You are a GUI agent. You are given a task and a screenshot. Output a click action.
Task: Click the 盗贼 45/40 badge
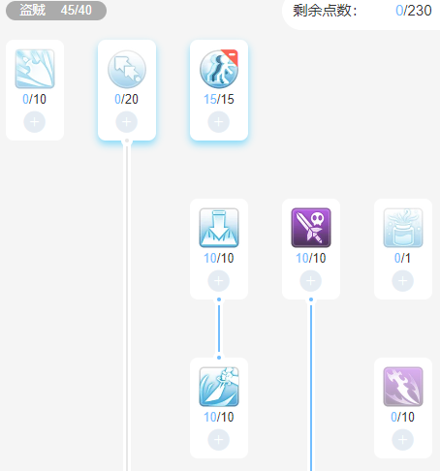click(x=56, y=11)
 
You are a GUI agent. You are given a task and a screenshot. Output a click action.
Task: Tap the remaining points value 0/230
click(x=414, y=11)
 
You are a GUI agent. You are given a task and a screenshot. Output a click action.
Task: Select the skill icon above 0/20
click(x=127, y=69)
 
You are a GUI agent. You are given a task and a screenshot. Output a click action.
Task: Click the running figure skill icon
click(x=219, y=69)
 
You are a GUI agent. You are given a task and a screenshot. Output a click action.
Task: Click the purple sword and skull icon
click(x=311, y=228)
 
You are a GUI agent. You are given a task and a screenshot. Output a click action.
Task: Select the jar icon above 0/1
click(x=403, y=228)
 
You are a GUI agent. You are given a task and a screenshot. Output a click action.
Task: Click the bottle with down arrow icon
click(x=219, y=228)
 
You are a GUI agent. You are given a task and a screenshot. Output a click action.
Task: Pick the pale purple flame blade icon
click(x=403, y=387)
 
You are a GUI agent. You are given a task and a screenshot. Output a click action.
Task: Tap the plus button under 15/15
click(x=219, y=122)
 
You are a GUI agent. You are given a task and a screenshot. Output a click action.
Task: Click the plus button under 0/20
click(x=127, y=122)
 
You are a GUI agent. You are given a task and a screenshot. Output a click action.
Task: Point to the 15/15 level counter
click(x=219, y=99)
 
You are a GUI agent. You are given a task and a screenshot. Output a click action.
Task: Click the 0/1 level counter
click(x=402, y=258)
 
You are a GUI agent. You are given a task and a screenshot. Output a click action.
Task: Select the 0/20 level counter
click(x=126, y=99)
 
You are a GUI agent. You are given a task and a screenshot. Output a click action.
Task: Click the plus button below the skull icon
click(x=311, y=281)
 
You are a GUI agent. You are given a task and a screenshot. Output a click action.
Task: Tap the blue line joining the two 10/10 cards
click(x=219, y=329)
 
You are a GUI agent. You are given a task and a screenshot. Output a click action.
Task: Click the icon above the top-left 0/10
click(x=35, y=69)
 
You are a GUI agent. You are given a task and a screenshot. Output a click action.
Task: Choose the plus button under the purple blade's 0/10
click(x=403, y=440)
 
